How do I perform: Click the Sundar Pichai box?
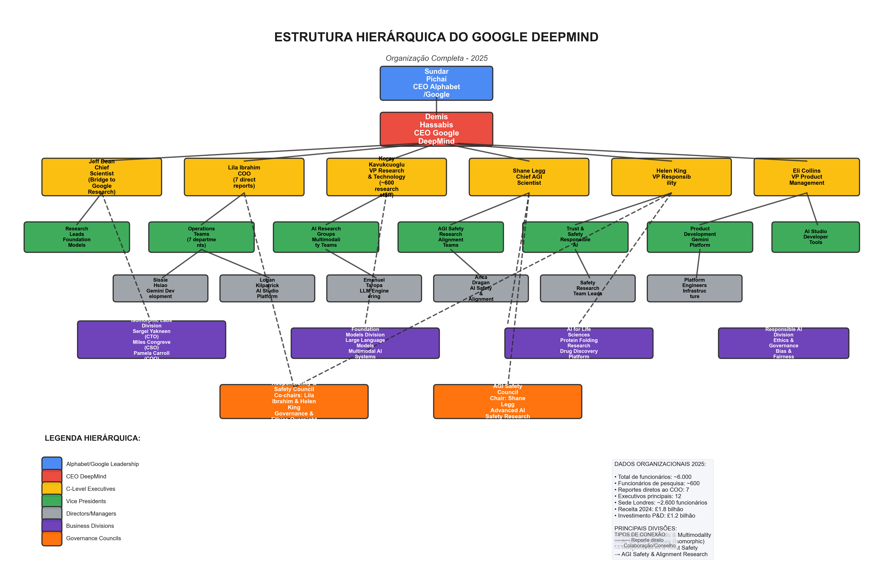coord(436,83)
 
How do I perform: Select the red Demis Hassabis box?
coord(436,129)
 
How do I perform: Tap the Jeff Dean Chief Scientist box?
coord(102,177)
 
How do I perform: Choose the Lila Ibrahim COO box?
coord(244,177)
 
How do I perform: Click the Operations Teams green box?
coord(201,237)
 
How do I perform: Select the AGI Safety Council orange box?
coord(507,402)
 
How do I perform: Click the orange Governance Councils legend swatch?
coord(52,539)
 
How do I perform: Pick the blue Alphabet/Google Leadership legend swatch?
coord(52,464)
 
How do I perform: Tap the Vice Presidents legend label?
coord(86,501)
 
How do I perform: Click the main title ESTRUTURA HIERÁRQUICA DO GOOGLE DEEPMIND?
coord(436,37)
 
